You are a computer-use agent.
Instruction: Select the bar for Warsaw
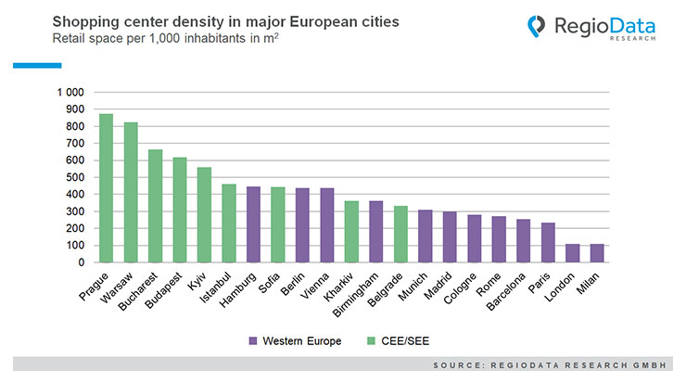coord(131,192)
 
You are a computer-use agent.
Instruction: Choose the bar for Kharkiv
coord(351,232)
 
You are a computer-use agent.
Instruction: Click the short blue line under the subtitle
coord(37,65)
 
